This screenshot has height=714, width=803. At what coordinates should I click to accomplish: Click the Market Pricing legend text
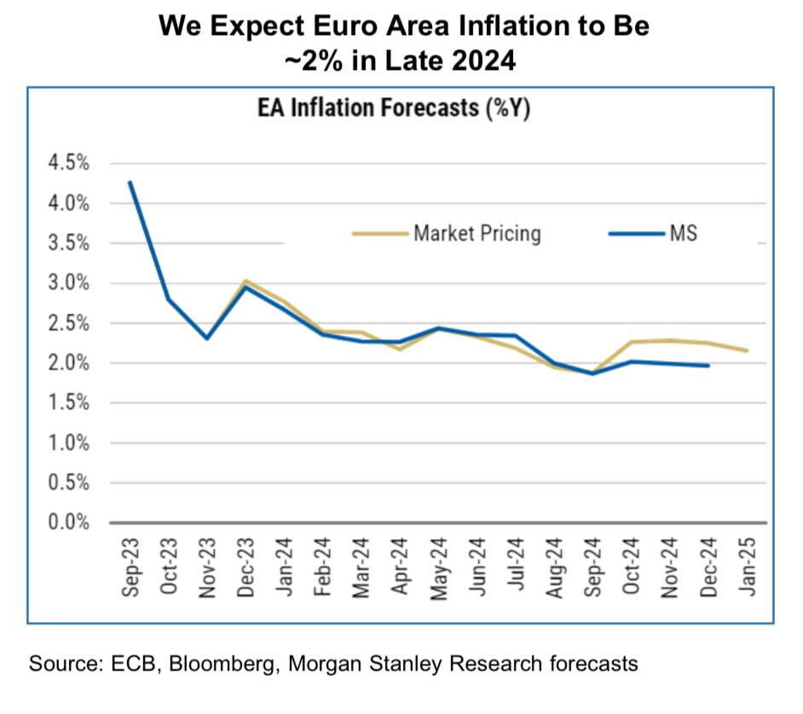point(477,233)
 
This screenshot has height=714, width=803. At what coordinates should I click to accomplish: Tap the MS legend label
point(684,233)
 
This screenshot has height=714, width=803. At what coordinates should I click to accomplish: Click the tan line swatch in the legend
point(379,233)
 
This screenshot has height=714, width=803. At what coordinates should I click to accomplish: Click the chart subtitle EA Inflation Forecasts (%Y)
point(394,110)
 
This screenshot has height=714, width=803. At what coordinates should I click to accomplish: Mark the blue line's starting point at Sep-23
point(130,181)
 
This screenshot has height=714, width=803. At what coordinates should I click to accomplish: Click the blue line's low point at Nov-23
point(207,338)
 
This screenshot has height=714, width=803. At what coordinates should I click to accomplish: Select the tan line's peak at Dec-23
point(246,280)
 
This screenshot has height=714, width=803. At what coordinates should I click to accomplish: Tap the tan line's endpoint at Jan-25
point(748,350)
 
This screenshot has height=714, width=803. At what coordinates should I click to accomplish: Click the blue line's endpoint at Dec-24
point(709,366)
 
